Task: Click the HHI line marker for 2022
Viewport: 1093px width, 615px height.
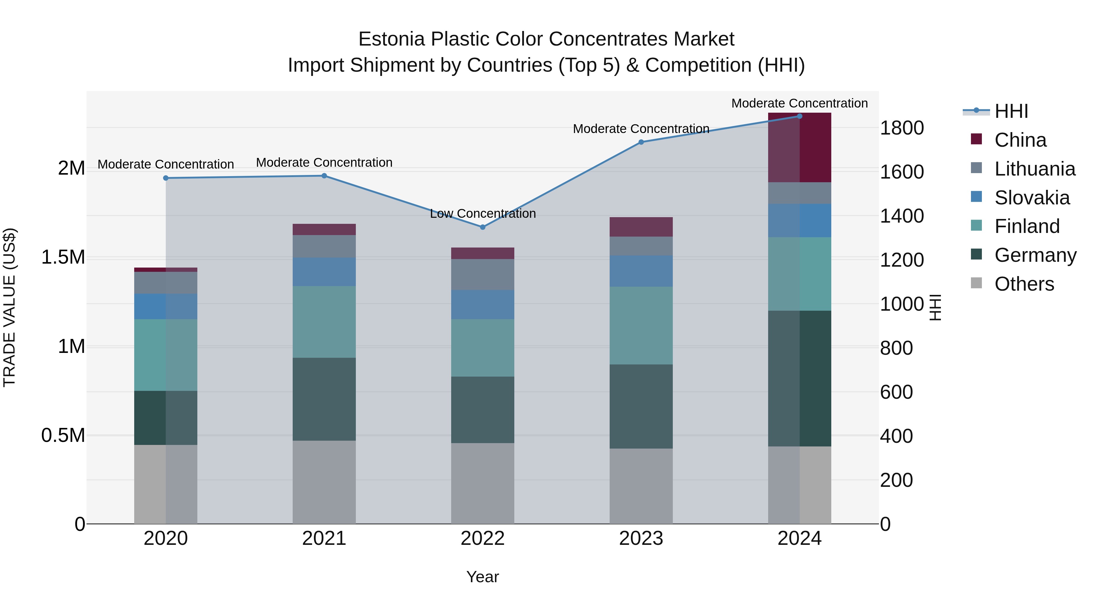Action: pyautogui.click(x=482, y=227)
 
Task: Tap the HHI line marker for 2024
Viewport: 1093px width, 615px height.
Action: pyautogui.click(x=799, y=116)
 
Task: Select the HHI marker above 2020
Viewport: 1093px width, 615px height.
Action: pyautogui.click(x=166, y=178)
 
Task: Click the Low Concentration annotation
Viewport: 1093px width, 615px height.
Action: pyautogui.click(x=482, y=214)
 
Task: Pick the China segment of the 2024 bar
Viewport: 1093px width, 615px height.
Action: pyautogui.click(x=799, y=148)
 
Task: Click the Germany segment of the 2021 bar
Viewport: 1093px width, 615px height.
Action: pyautogui.click(x=324, y=399)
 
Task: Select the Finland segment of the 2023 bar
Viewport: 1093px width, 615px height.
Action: pyautogui.click(x=641, y=326)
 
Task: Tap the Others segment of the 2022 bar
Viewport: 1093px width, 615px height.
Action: pyautogui.click(x=482, y=483)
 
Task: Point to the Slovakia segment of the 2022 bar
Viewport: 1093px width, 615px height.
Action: pyautogui.click(x=482, y=304)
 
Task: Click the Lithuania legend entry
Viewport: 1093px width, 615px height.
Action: pyautogui.click(x=1034, y=169)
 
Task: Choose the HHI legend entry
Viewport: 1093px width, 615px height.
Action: pyautogui.click(x=1011, y=111)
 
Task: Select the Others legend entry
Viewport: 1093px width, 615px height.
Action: pyautogui.click(x=1024, y=284)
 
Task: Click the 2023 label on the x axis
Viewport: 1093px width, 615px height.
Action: pyautogui.click(x=641, y=538)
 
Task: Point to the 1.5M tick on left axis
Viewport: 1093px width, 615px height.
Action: pyautogui.click(x=63, y=257)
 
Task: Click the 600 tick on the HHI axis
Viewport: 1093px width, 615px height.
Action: pyautogui.click(x=896, y=392)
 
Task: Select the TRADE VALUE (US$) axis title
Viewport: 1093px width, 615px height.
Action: pyautogui.click(x=9, y=307)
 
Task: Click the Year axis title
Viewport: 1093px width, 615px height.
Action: pyautogui.click(x=482, y=577)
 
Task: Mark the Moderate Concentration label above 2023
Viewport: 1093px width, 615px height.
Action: pyautogui.click(x=641, y=128)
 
